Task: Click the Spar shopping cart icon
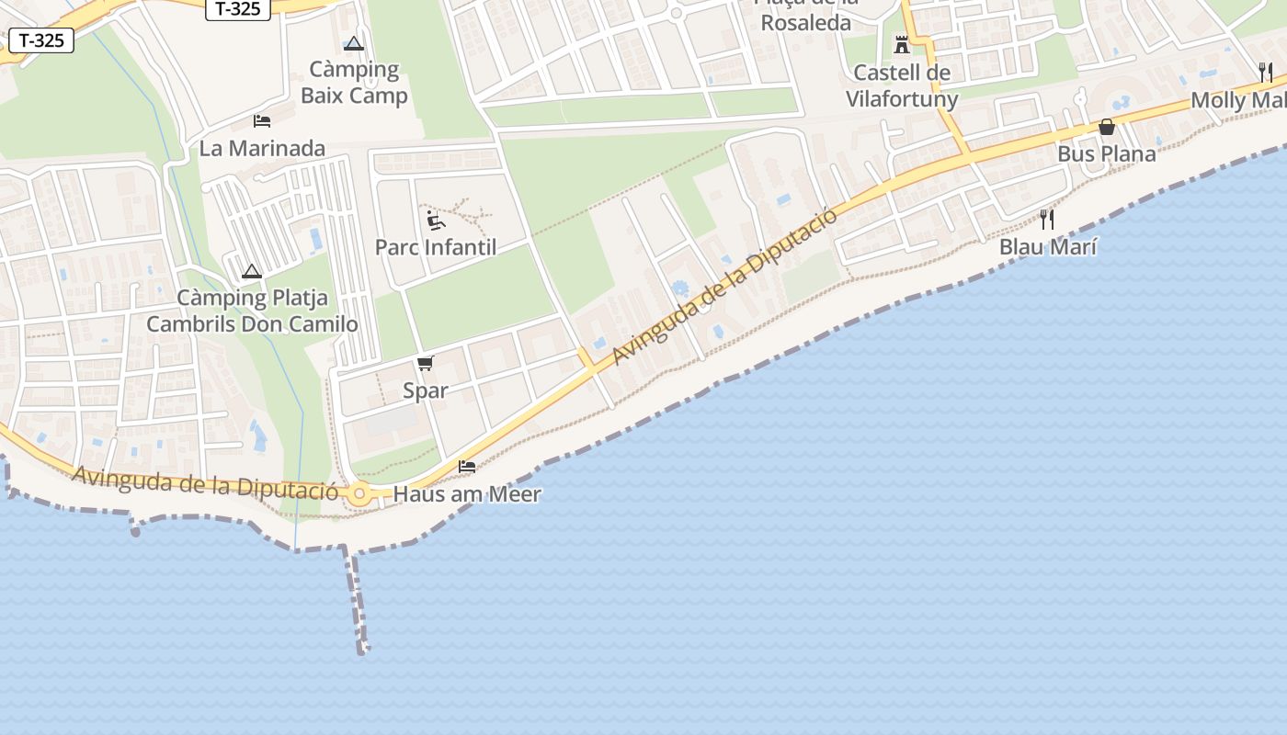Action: tap(425, 364)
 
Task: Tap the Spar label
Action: tap(426, 390)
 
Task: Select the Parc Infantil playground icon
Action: tap(436, 220)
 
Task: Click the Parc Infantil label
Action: tap(436, 247)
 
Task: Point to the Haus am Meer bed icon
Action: tap(467, 467)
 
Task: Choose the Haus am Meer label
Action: tap(467, 494)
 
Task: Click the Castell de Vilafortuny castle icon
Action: tap(902, 44)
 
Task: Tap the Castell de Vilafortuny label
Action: tap(902, 85)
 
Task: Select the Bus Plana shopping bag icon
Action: tap(1107, 127)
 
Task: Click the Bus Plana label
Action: tap(1107, 153)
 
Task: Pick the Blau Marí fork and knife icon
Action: tap(1047, 219)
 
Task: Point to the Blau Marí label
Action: tap(1048, 247)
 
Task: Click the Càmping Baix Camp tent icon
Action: tap(354, 43)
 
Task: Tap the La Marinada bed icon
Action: tap(262, 121)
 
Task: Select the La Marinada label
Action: tap(262, 148)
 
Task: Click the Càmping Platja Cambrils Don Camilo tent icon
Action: tap(252, 272)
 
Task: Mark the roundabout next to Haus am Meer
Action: tap(359, 494)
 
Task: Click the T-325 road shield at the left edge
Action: tap(41, 40)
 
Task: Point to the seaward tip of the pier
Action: tap(364, 650)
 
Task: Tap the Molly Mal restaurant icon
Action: tap(1266, 72)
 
